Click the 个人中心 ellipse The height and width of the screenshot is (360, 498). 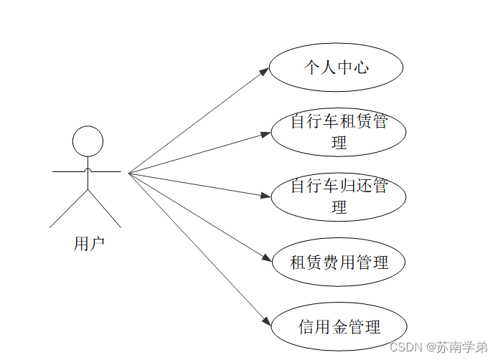(336, 68)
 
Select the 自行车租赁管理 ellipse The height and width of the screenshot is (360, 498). (339, 132)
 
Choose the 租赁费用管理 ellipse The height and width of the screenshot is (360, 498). (339, 262)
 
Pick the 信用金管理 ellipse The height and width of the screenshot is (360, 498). (339, 327)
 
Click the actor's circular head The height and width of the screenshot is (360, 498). (88, 141)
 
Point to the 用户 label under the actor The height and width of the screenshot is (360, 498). (89, 244)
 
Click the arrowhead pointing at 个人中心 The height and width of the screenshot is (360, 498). (265, 70)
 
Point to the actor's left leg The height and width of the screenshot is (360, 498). (68, 209)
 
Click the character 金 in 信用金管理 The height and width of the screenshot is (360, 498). (339, 327)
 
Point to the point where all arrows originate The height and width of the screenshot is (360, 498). (128, 173)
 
